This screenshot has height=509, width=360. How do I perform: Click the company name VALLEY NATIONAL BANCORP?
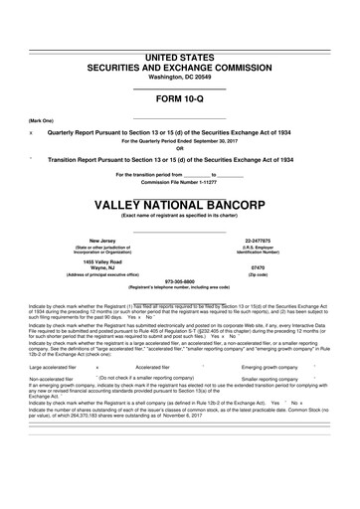coord(180,205)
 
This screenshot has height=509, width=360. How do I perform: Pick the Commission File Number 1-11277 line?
coord(180,182)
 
